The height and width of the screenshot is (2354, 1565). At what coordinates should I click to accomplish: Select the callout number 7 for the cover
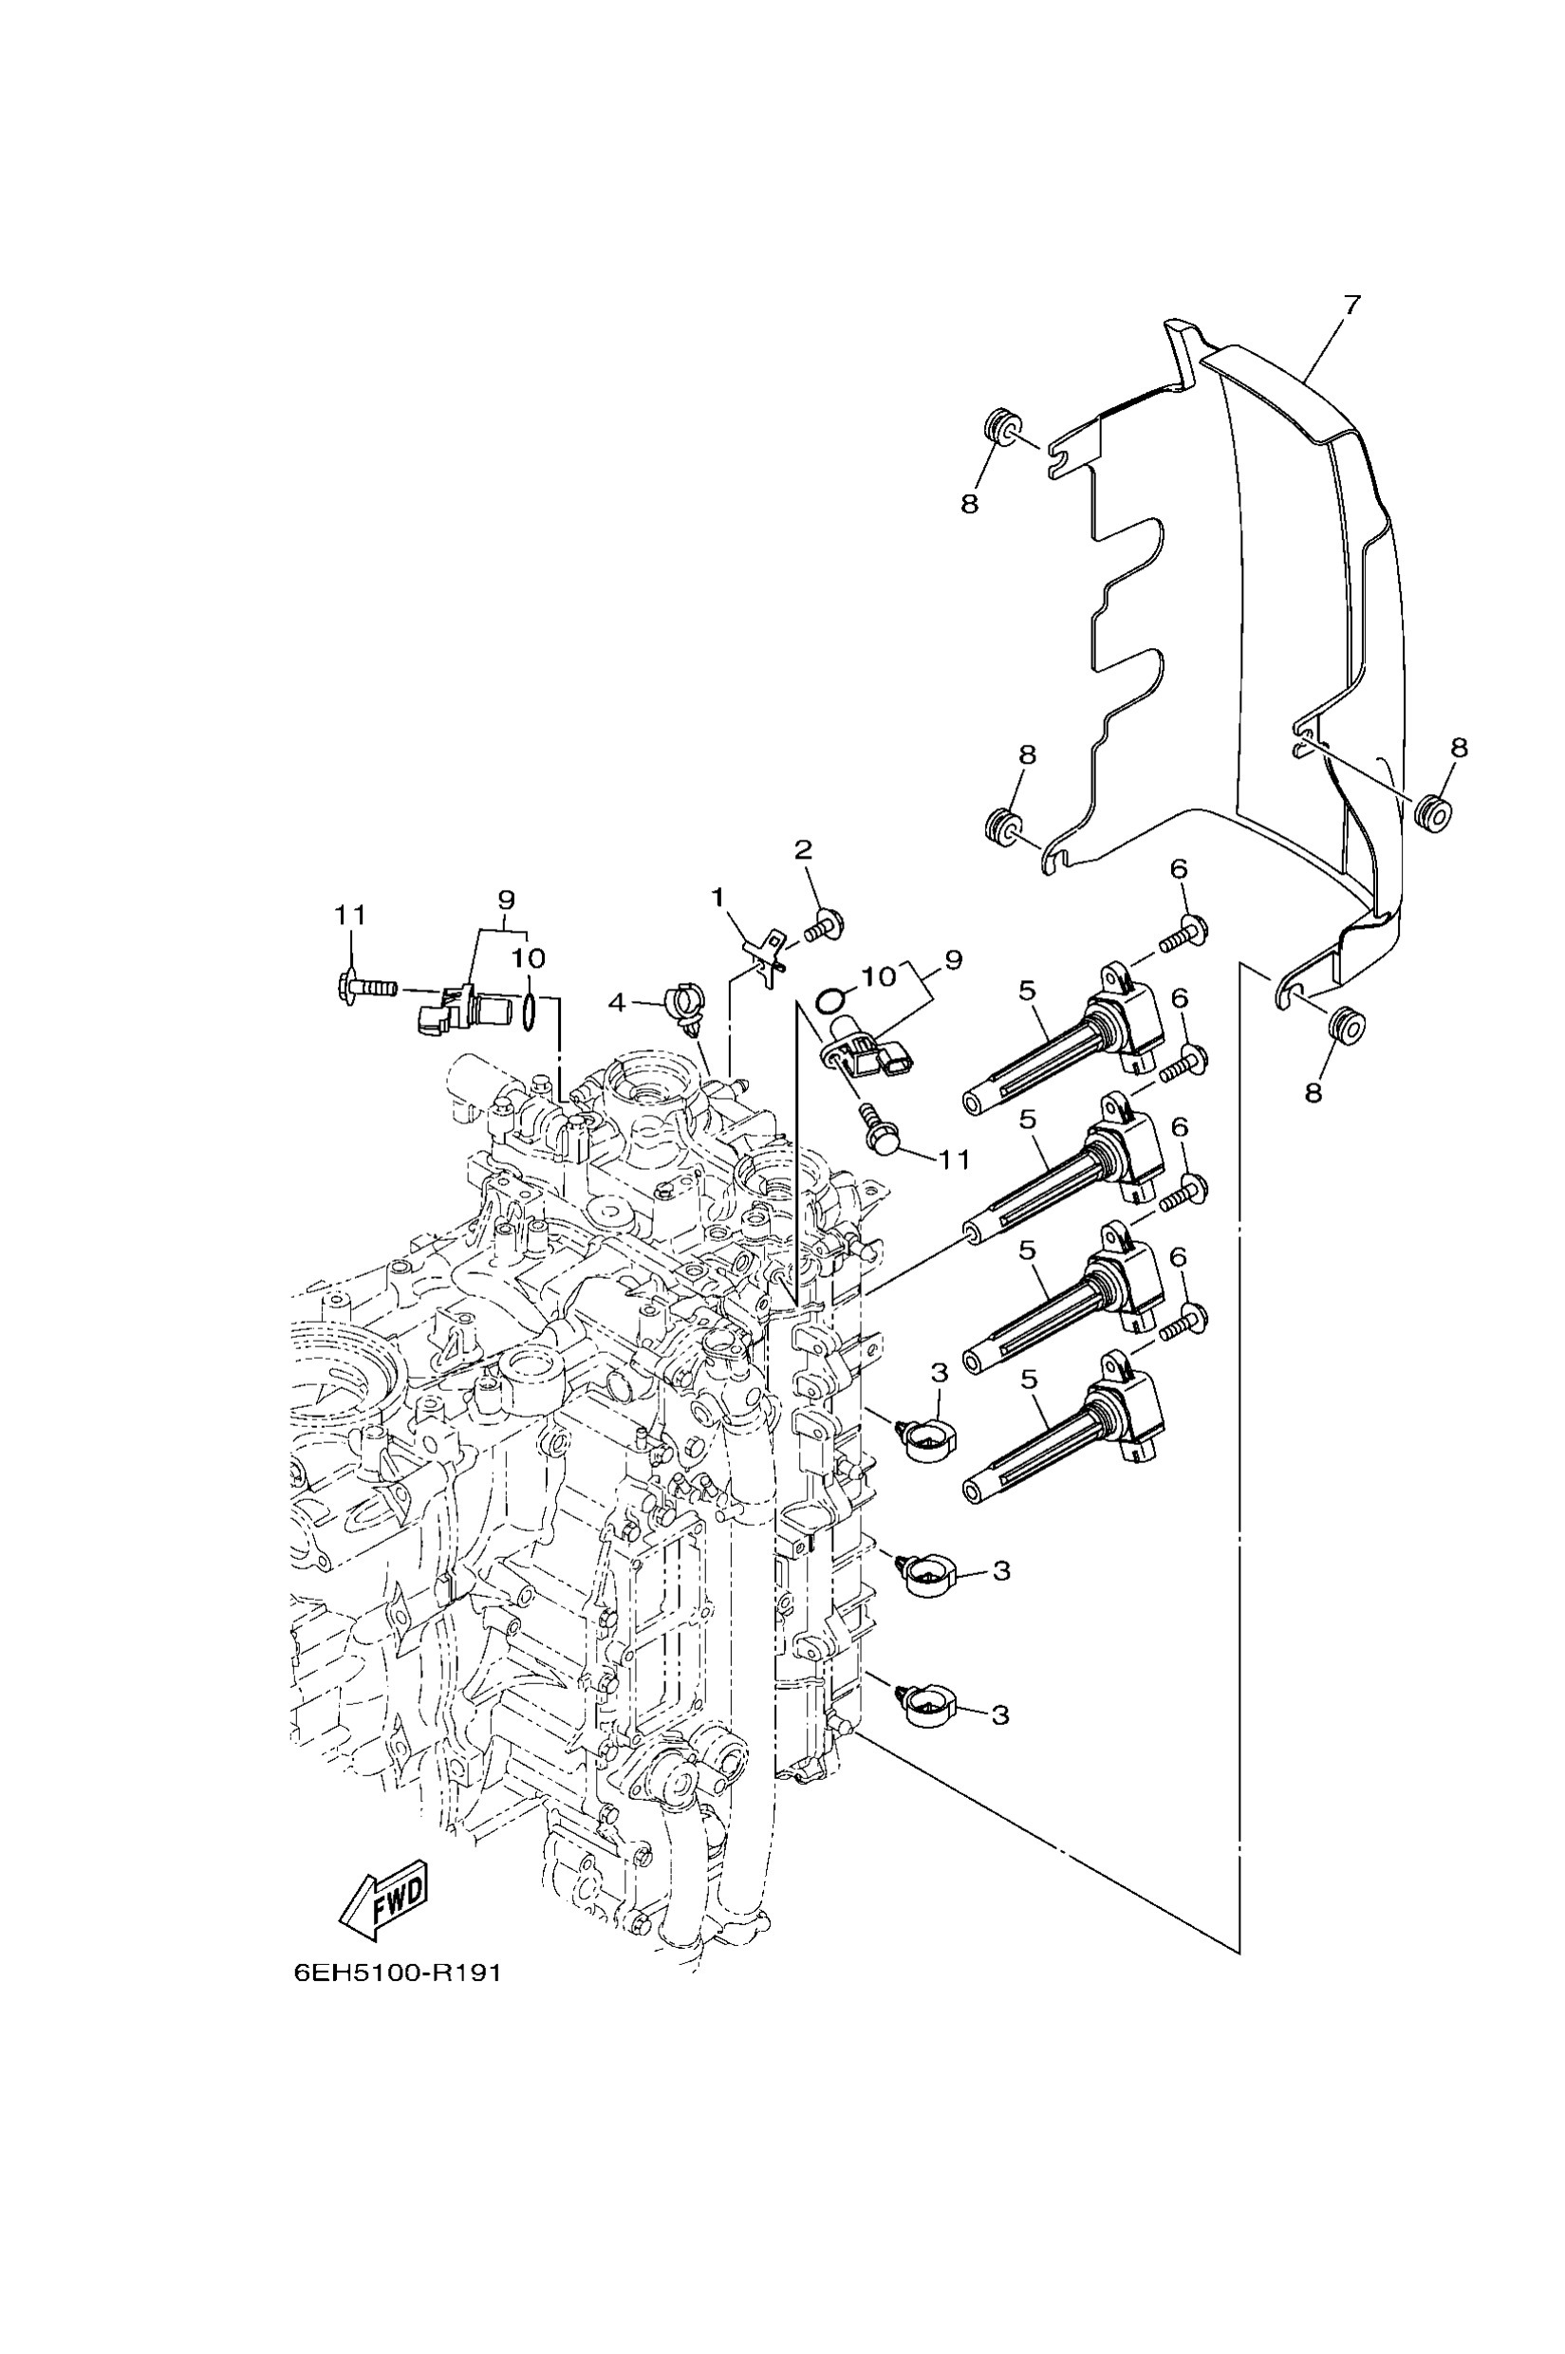[x=1351, y=306]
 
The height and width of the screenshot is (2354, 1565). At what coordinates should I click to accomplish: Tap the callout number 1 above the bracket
[x=717, y=899]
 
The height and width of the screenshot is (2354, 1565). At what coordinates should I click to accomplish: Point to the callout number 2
[x=803, y=850]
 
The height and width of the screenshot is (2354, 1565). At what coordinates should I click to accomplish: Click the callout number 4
[x=617, y=1002]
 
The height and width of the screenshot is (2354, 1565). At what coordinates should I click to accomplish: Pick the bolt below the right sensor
[x=878, y=1132]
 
